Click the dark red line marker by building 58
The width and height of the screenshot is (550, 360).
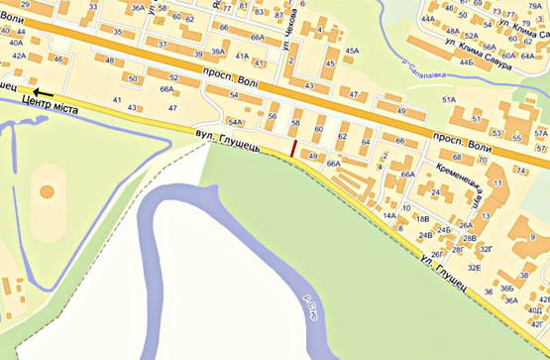point(293,148)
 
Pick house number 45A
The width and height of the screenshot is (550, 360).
point(353,51)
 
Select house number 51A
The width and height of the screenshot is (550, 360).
point(448,100)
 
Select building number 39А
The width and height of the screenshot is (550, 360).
point(200,53)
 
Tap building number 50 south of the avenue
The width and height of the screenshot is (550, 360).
point(133,77)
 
